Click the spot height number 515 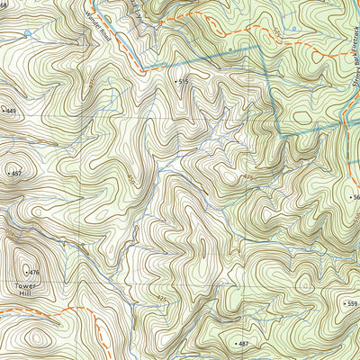tap(184, 82)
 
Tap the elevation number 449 tap(11, 111)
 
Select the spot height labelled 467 tap(14, 171)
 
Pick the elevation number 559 tap(352, 304)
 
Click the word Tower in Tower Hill tap(28, 286)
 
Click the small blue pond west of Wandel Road tap(29, 33)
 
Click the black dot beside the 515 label tap(175, 81)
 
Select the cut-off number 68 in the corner tap(4, 6)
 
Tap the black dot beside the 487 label tap(233, 345)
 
